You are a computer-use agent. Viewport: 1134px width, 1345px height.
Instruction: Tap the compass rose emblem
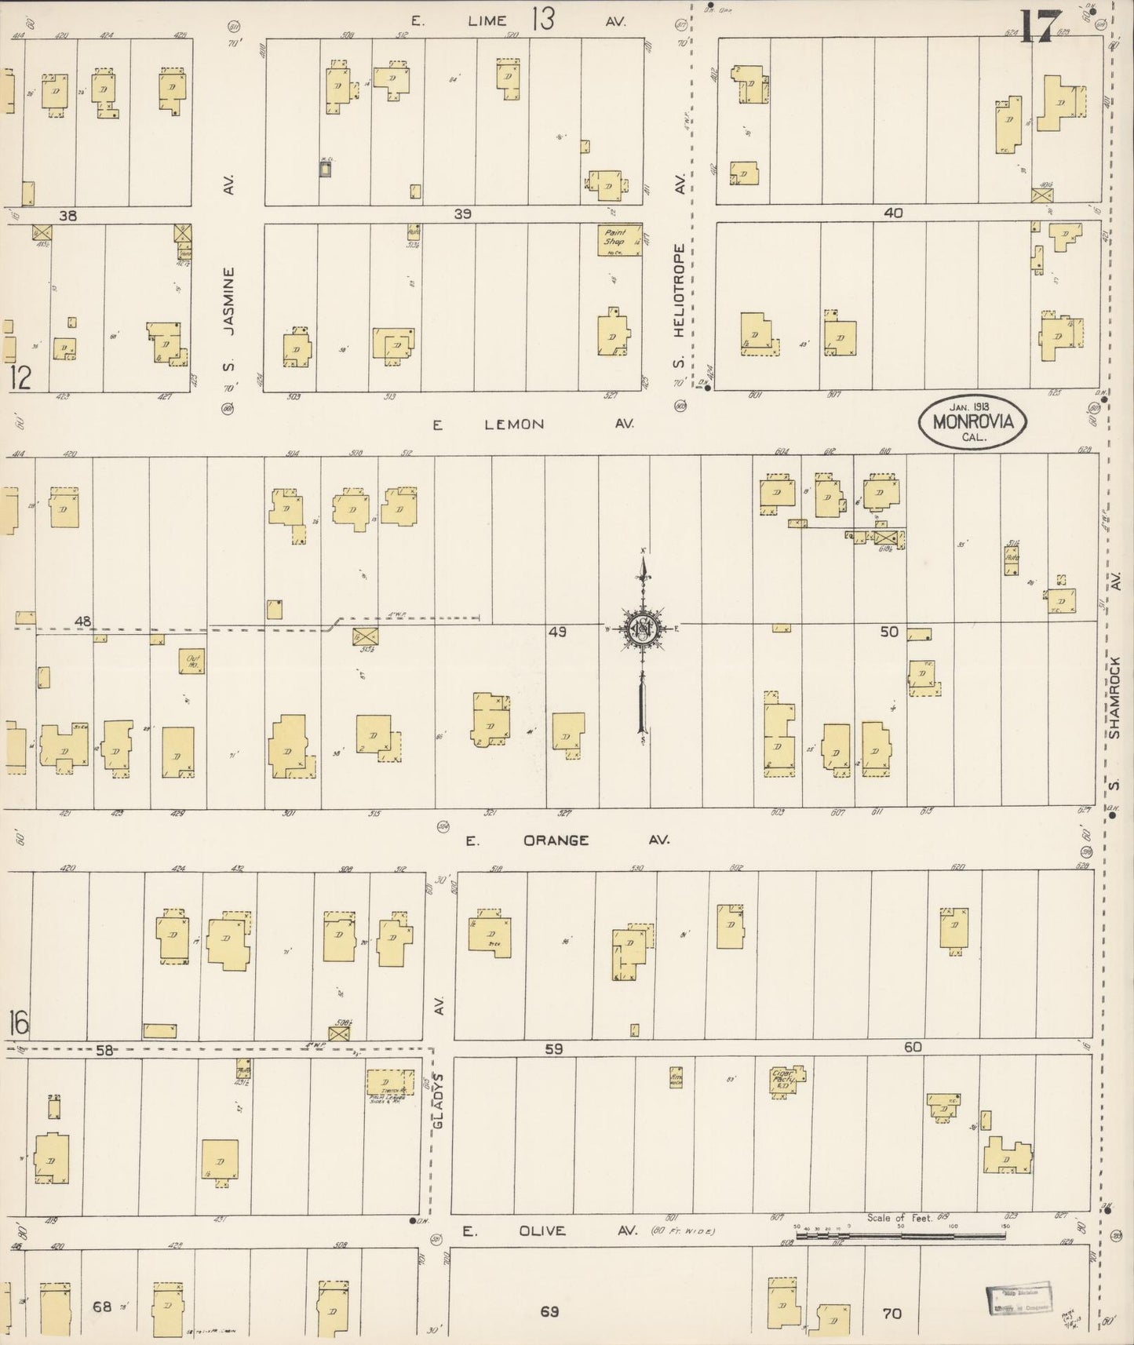pos(643,629)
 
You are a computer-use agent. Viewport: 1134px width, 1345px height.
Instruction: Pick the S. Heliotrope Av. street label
pos(680,302)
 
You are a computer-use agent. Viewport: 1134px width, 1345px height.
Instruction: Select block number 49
pos(557,631)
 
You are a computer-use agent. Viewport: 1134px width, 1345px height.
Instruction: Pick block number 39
pos(462,213)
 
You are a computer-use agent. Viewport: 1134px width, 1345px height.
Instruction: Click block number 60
pos(913,1048)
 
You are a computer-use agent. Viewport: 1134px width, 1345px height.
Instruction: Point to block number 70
pos(892,1313)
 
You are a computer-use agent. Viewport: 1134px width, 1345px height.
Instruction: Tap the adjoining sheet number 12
pos(20,378)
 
